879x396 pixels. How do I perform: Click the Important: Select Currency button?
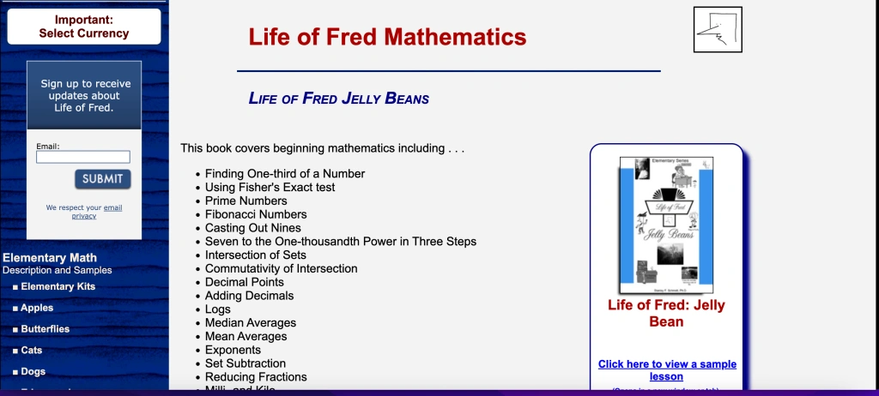tap(84, 27)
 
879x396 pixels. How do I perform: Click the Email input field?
tap(83, 157)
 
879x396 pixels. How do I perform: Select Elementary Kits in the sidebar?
tap(58, 287)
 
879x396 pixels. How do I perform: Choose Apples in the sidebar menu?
tap(37, 308)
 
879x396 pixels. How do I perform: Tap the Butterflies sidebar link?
tap(45, 329)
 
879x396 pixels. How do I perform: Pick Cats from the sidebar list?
tap(31, 351)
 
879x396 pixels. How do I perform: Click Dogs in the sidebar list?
tap(33, 372)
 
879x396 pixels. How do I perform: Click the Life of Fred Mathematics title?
tap(387, 37)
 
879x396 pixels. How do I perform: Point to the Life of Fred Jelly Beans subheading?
tap(338, 99)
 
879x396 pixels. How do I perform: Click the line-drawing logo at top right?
tap(717, 30)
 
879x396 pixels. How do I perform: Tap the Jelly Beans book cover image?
tap(666, 225)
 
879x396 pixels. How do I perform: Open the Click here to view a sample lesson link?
tap(666, 370)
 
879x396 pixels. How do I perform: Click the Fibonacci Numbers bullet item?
tap(256, 214)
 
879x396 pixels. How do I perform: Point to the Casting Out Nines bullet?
tap(253, 228)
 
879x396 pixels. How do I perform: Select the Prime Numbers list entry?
tap(246, 201)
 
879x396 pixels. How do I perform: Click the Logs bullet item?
tap(218, 309)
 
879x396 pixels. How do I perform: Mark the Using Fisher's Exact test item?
tap(270, 187)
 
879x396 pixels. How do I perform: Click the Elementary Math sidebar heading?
tap(50, 258)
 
